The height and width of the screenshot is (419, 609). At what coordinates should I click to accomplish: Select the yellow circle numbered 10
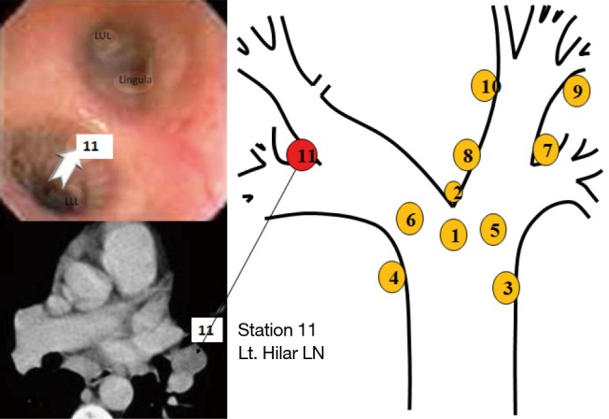pos(486,86)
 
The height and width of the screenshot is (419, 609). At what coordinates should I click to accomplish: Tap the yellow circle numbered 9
pos(577,91)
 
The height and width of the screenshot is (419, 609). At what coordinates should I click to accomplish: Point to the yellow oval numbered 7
pos(546,148)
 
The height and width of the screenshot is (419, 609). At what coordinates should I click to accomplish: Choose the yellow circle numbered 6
pos(409,219)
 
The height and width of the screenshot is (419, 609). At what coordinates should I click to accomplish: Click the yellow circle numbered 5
pos(495,228)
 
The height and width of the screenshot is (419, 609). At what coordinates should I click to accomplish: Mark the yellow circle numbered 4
pos(394,277)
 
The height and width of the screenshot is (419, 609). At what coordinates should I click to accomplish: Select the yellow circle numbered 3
pos(506,287)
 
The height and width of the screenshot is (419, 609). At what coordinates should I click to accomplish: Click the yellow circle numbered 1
pos(454,234)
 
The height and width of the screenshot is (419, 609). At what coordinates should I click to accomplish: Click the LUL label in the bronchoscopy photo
pos(103,35)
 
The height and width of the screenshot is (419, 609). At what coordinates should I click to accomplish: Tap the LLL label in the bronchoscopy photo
pos(72,199)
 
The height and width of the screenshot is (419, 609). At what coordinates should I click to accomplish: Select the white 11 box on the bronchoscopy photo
pos(91,146)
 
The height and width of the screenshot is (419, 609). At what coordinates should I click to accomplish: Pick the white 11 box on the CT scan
pos(205,329)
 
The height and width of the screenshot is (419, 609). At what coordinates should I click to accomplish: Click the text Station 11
pos(277,330)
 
